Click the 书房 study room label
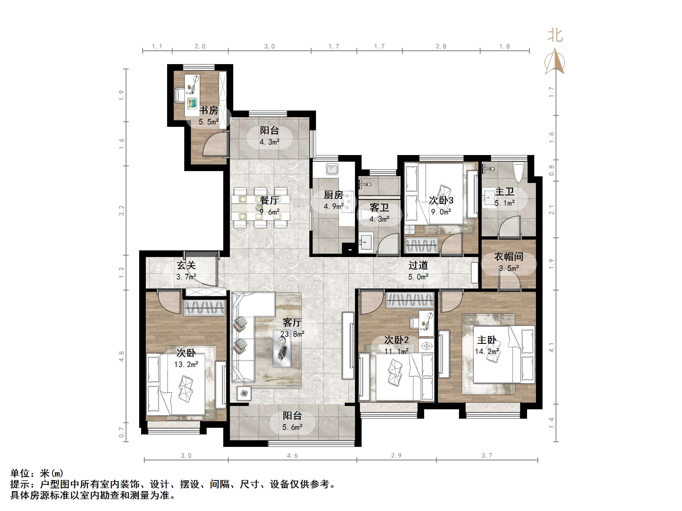(209, 110)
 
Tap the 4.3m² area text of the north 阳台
(269, 142)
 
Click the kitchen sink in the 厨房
(332, 169)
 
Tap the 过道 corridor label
(418, 265)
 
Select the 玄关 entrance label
(186, 265)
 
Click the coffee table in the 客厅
(282, 348)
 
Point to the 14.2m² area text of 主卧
(487, 351)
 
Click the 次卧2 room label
(396, 340)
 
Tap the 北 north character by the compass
(555, 35)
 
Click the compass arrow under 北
(555, 62)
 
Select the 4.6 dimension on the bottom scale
(292, 455)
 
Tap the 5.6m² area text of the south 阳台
(292, 427)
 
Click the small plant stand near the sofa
(244, 393)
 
